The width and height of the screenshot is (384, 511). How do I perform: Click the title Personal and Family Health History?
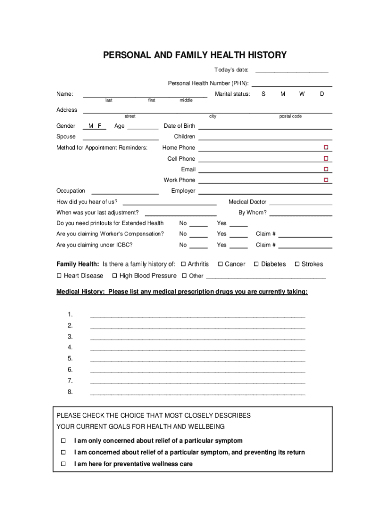tap(195, 55)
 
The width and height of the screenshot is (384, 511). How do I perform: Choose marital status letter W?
tap(302, 94)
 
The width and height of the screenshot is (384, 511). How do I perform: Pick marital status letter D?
tap(322, 94)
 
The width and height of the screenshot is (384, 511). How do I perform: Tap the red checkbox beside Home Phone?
tap(326, 147)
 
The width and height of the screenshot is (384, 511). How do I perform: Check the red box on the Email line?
tap(326, 169)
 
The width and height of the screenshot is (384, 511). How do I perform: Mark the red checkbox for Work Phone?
tap(326, 180)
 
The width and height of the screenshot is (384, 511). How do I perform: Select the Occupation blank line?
tap(125, 192)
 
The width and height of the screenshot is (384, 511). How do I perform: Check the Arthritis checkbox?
tap(184, 264)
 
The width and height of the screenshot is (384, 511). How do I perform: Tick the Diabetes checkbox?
tap(256, 264)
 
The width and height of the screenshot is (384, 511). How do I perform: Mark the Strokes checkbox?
tap(297, 264)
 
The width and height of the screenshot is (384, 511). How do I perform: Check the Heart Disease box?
tap(59, 276)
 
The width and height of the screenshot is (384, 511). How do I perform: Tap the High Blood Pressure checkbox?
tap(115, 276)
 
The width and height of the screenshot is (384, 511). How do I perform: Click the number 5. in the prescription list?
tap(70, 358)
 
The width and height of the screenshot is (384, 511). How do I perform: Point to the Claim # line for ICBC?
tap(305, 246)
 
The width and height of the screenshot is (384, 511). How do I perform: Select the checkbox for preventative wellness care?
tap(63, 464)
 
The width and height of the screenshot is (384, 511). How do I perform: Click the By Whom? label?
tap(252, 213)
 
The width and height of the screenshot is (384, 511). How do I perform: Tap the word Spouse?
tap(66, 136)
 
